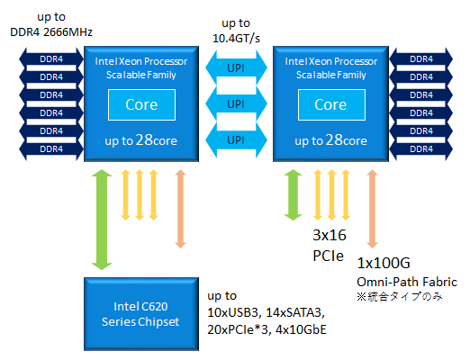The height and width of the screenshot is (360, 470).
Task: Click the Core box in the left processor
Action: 141,104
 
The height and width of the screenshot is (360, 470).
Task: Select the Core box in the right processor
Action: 331,104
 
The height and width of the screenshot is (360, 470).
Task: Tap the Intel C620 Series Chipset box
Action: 141,314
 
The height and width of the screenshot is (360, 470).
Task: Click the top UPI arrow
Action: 236,67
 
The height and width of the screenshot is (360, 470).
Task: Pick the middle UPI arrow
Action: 236,103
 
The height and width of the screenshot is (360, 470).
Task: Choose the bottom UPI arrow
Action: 236,139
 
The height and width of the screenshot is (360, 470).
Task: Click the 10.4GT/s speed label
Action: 236,39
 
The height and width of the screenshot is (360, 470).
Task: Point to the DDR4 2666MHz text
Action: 51,32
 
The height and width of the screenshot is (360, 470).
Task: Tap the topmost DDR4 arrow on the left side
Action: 51,58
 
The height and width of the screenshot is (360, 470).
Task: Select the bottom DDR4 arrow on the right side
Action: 420,148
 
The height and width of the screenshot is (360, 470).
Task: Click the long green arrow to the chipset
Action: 102,220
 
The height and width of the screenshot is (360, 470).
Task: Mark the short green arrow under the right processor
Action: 293,195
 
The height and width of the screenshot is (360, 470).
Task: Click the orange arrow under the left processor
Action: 180,209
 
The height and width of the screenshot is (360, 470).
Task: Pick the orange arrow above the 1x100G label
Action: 372,209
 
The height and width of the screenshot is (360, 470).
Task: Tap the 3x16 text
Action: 330,235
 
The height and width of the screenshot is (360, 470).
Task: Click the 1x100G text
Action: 384,263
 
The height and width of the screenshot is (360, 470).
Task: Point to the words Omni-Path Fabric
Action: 407,282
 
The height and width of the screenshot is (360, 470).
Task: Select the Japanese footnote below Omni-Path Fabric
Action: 400,297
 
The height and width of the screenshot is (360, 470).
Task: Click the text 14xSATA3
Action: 295,312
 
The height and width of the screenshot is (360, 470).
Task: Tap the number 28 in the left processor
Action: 144,139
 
